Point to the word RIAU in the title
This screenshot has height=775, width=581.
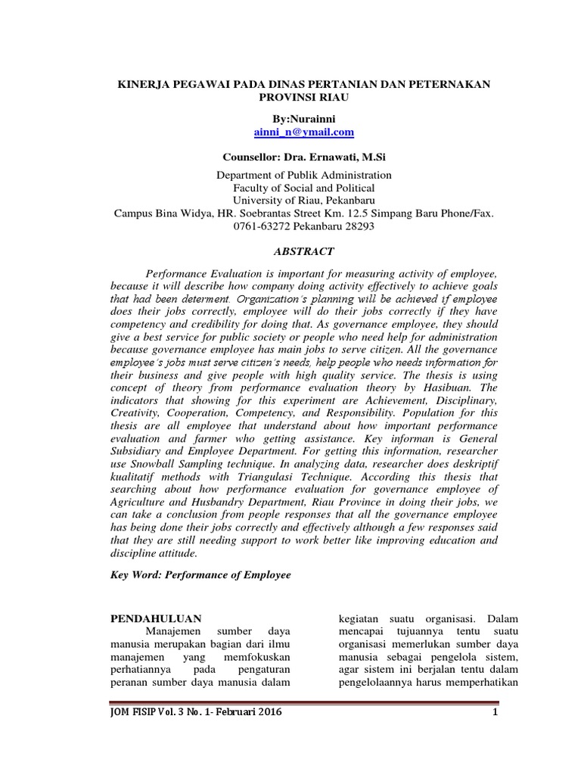click(320, 98)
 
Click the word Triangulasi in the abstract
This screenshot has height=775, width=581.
click(251, 478)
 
